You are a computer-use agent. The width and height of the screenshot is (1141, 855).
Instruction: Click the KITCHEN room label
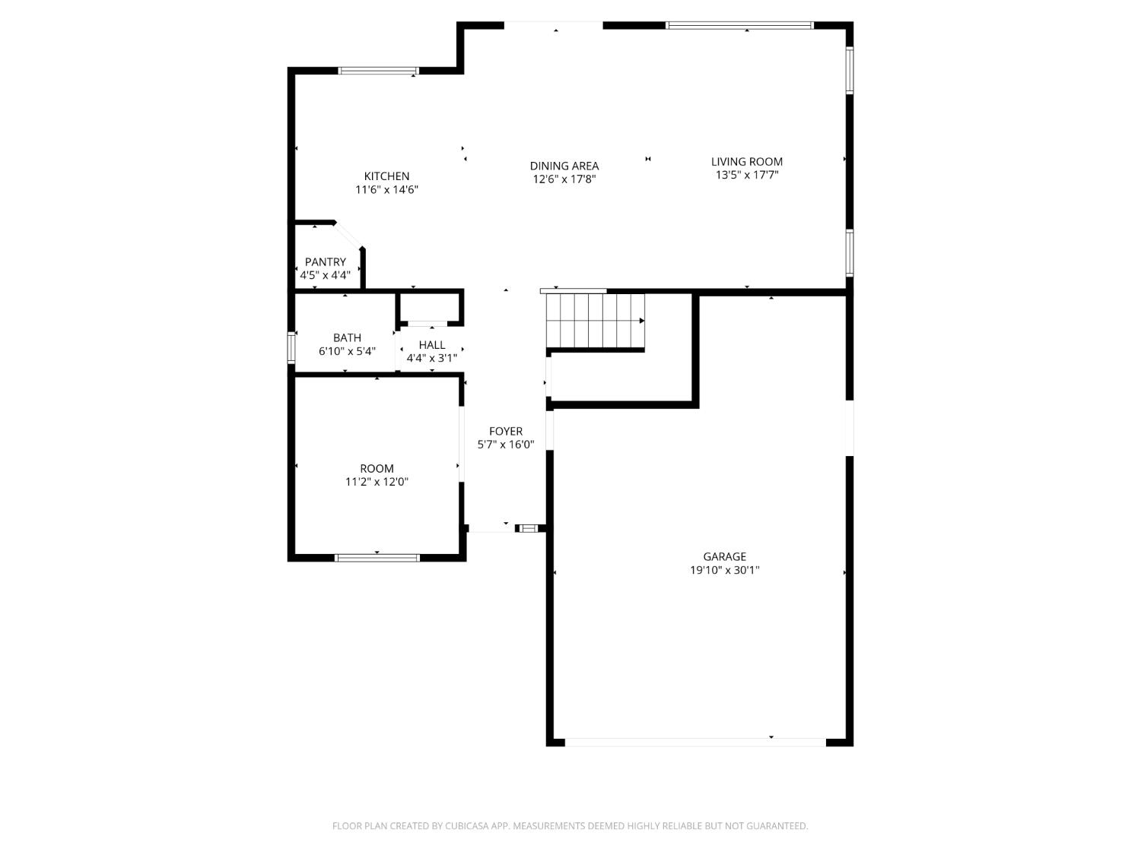pos(386,176)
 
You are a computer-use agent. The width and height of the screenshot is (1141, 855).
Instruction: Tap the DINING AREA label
pos(564,166)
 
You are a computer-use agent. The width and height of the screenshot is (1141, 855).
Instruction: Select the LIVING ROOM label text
pos(746,161)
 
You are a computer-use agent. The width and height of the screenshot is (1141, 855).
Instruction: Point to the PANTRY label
pos(325,262)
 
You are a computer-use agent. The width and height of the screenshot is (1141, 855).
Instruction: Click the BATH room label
pos(347,337)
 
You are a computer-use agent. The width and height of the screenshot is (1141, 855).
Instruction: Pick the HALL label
pos(431,345)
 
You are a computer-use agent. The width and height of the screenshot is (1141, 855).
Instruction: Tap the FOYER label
pos(505,432)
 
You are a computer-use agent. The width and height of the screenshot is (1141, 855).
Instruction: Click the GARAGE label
pos(724,557)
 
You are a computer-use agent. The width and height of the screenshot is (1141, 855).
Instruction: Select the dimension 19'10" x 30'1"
pos(724,570)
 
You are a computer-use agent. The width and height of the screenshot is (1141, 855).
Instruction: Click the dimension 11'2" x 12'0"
pos(377,482)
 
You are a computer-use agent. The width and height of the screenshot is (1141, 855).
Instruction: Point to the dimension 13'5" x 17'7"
pos(746,175)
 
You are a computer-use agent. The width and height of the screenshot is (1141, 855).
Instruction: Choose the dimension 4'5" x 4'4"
pos(325,275)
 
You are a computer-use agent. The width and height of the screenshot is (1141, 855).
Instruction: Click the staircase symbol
pos(596,320)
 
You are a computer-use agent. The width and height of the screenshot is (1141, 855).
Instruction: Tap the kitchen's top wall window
pos(378,71)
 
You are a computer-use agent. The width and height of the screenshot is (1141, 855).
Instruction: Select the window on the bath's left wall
pos(291,347)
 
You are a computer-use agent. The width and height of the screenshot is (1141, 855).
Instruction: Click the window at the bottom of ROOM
pos(377,558)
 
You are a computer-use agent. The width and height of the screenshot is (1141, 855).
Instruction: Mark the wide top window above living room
pos(739,26)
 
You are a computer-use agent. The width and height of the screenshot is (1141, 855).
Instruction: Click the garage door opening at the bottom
pos(694,742)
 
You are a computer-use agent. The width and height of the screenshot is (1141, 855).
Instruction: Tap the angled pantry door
pos(349,235)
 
